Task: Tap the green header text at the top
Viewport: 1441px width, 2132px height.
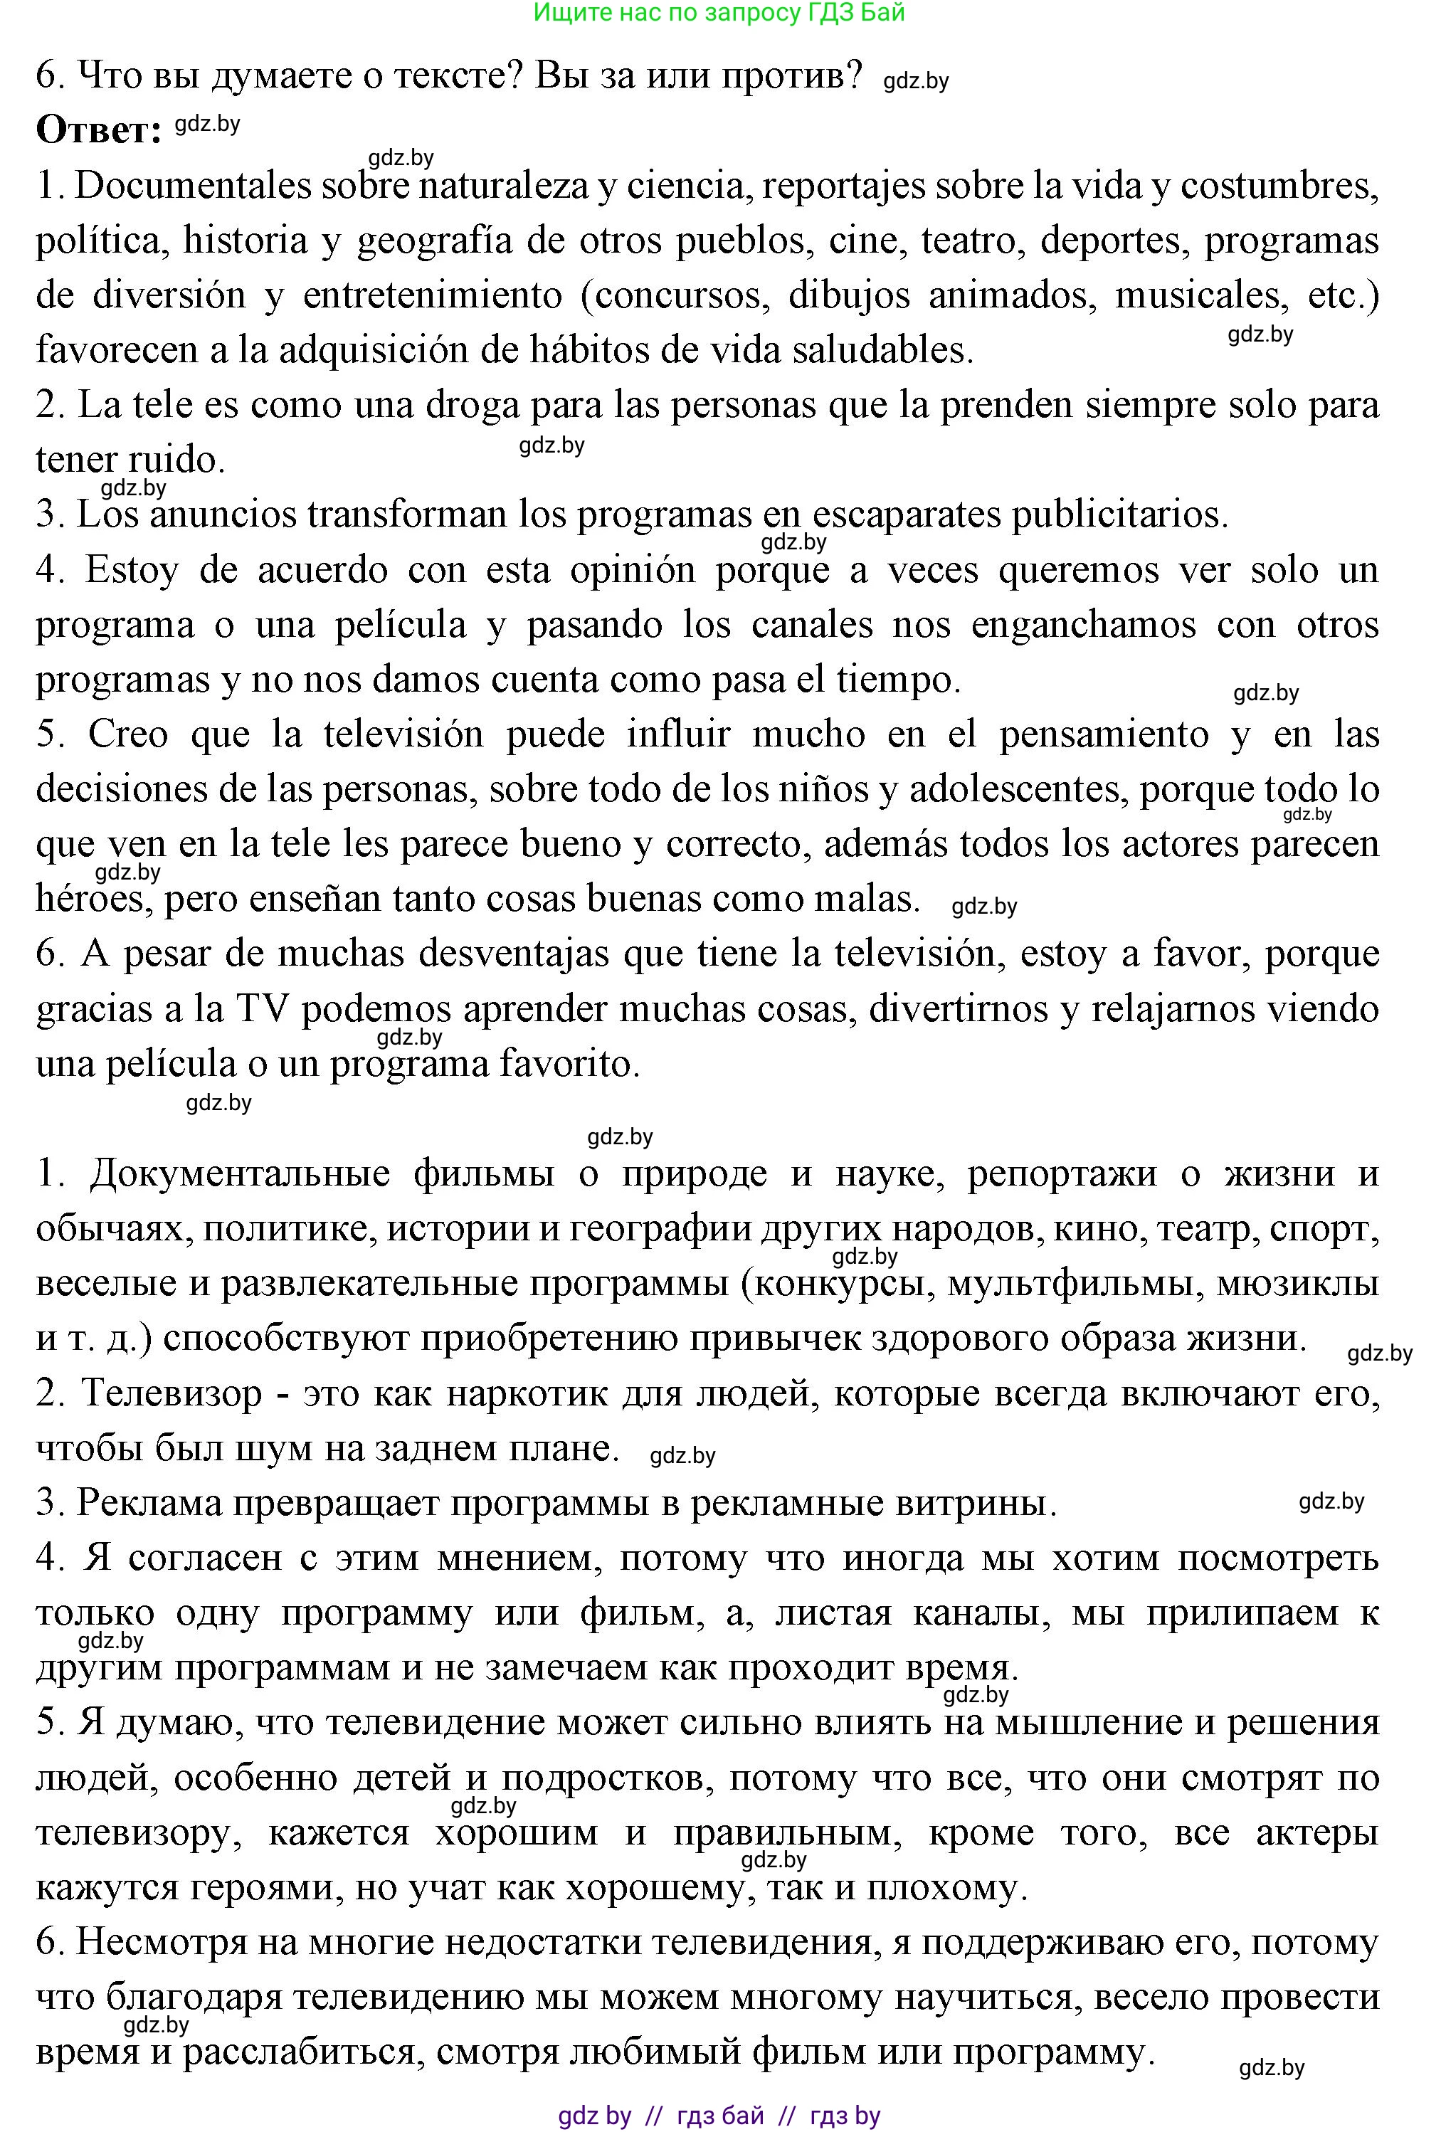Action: coord(719,12)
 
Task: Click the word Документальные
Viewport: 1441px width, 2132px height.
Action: coord(239,1174)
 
